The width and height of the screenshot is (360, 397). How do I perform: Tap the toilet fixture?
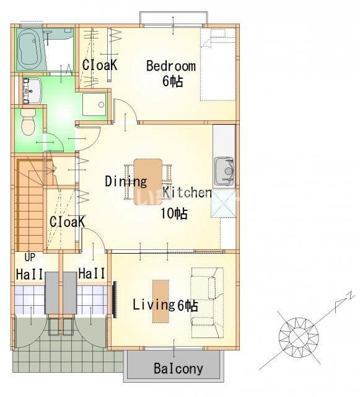[28, 122]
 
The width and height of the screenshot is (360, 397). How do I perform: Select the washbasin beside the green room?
[32, 91]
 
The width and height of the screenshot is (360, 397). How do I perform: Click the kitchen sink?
[224, 171]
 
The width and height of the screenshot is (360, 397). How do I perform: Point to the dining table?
[148, 182]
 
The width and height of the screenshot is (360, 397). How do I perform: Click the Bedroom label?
[171, 66]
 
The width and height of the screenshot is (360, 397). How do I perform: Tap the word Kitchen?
[187, 192]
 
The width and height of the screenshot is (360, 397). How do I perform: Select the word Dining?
[126, 181]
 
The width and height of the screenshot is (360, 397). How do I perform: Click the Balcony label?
[178, 368]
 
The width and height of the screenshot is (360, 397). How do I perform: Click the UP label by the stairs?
[30, 257]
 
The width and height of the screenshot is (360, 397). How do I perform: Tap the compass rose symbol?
[299, 337]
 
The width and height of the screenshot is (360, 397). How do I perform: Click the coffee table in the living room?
[160, 301]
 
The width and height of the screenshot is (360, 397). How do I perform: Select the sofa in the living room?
[208, 303]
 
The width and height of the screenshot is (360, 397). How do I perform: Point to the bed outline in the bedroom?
[218, 65]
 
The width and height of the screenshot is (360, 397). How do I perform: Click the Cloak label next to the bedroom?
[100, 65]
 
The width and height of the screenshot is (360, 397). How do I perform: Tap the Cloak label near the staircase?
[67, 221]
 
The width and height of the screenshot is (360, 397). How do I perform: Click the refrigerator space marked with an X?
[224, 203]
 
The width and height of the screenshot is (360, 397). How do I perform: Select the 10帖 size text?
[174, 213]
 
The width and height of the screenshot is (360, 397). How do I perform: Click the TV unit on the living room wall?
[115, 300]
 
